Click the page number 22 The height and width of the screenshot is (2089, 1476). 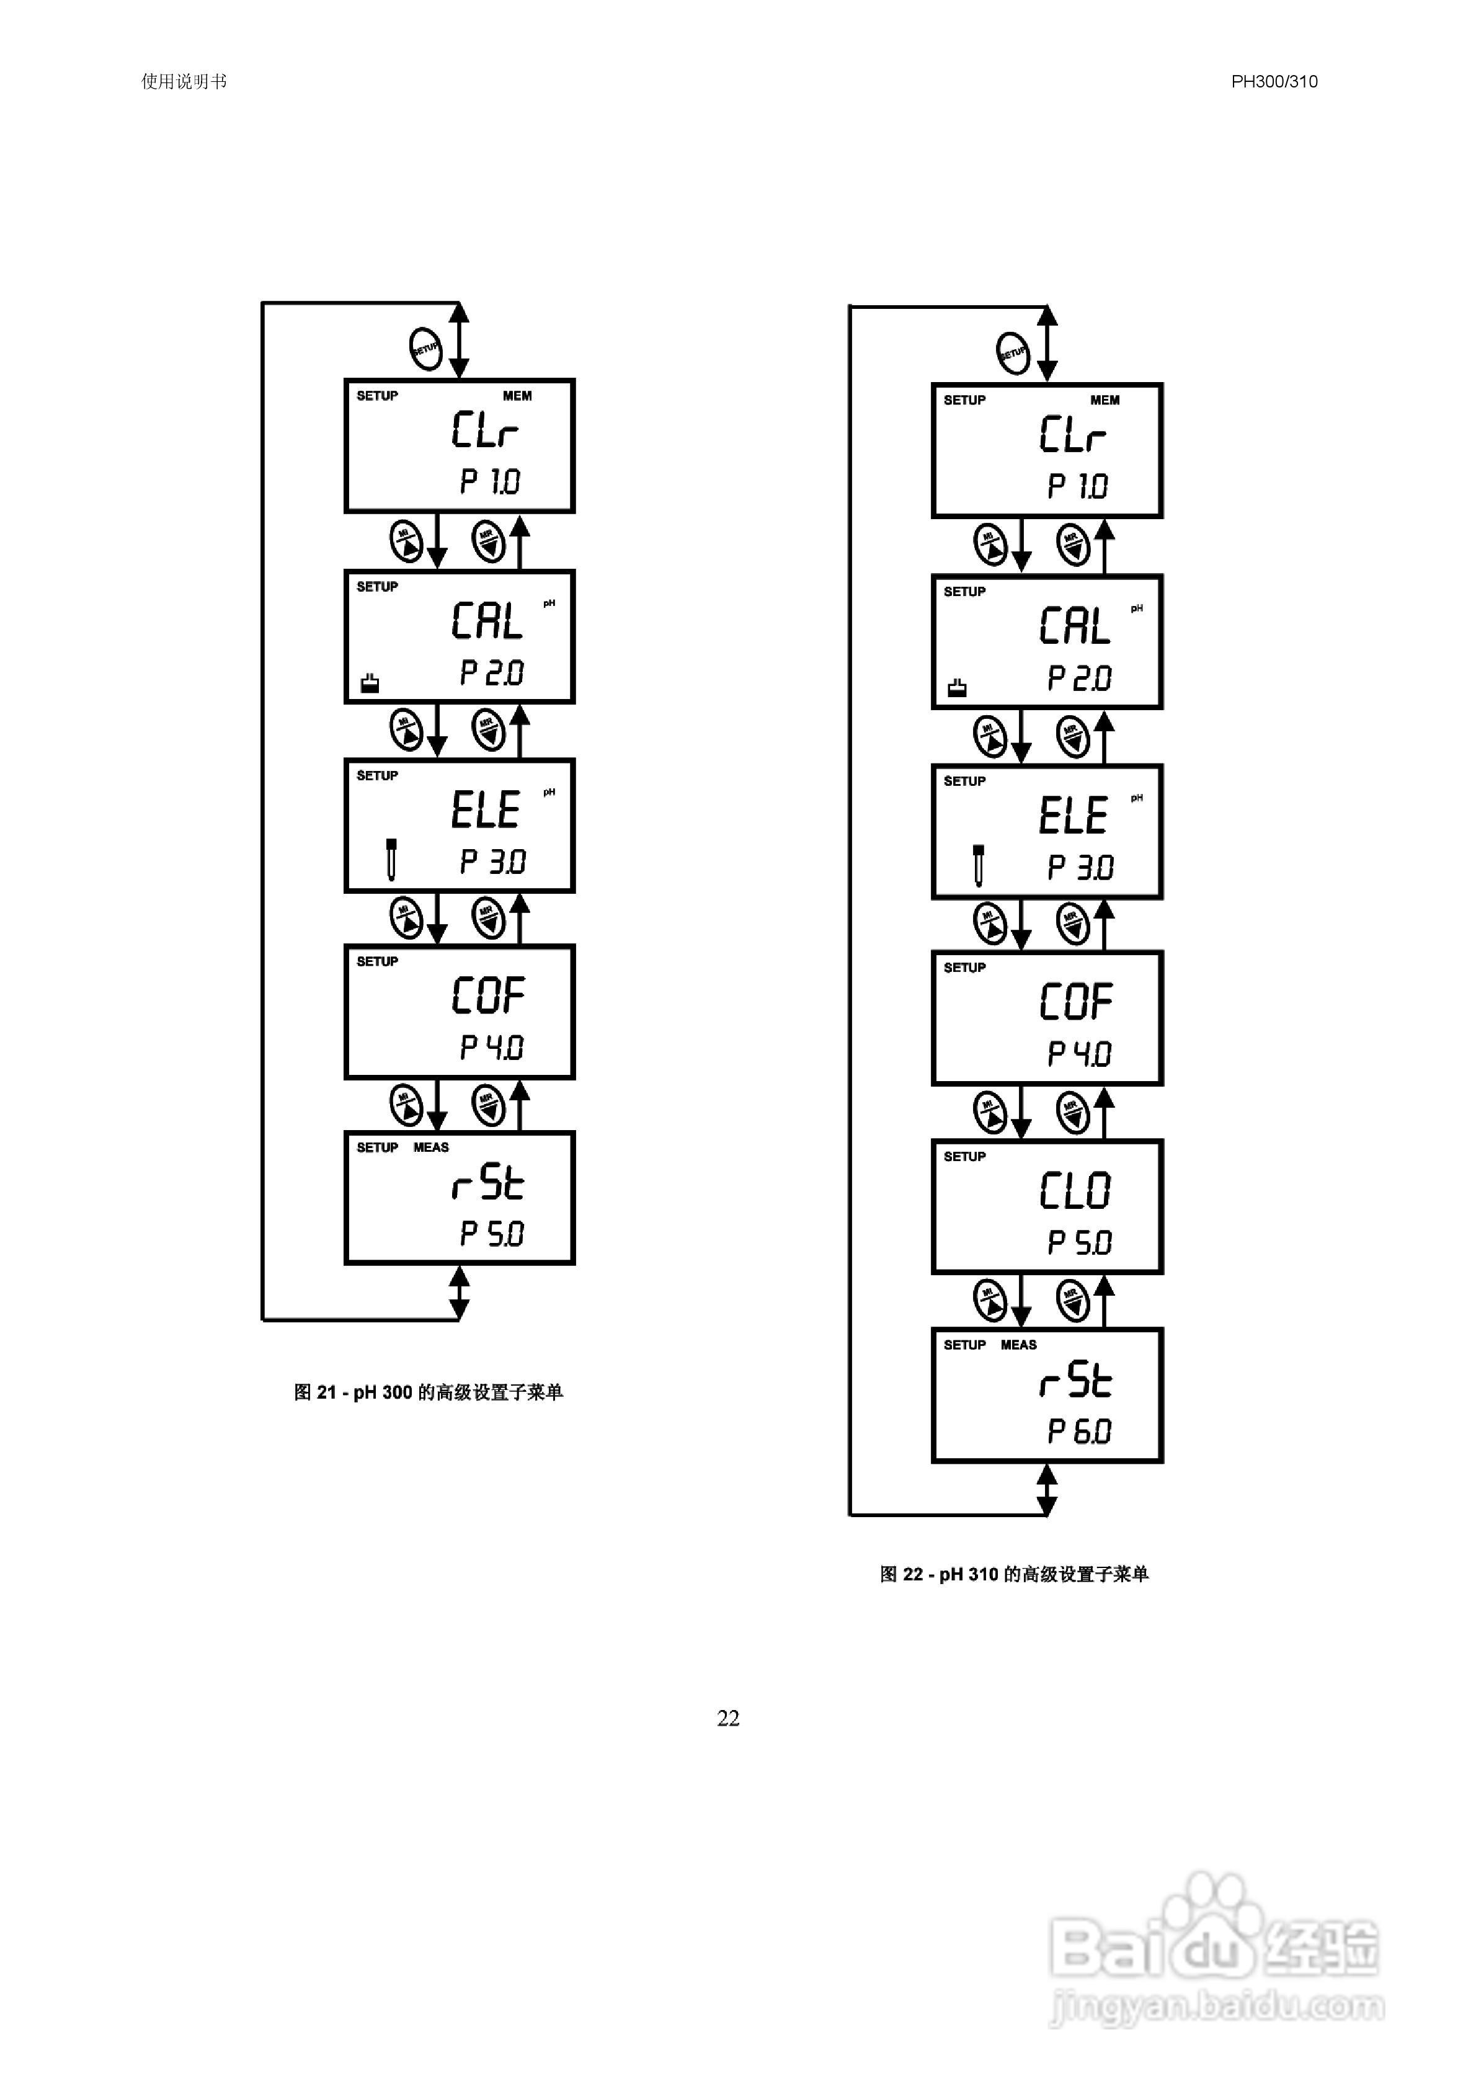click(728, 1718)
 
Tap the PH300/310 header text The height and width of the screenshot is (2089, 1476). click(1274, 81)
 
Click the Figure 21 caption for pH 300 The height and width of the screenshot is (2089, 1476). click(428, 1392)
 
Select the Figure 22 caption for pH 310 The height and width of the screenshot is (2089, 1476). click(1014, 1574)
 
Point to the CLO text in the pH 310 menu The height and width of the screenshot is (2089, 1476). click(1075, 1191)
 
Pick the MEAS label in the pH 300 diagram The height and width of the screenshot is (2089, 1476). click(432, 1147)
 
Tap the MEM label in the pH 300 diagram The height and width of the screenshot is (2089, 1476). click(517, 396)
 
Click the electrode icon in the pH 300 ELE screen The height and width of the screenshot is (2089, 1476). click(391, 859)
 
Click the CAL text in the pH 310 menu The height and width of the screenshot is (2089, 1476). click(1075, 626)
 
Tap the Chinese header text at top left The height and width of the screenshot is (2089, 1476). click(184, 81)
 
